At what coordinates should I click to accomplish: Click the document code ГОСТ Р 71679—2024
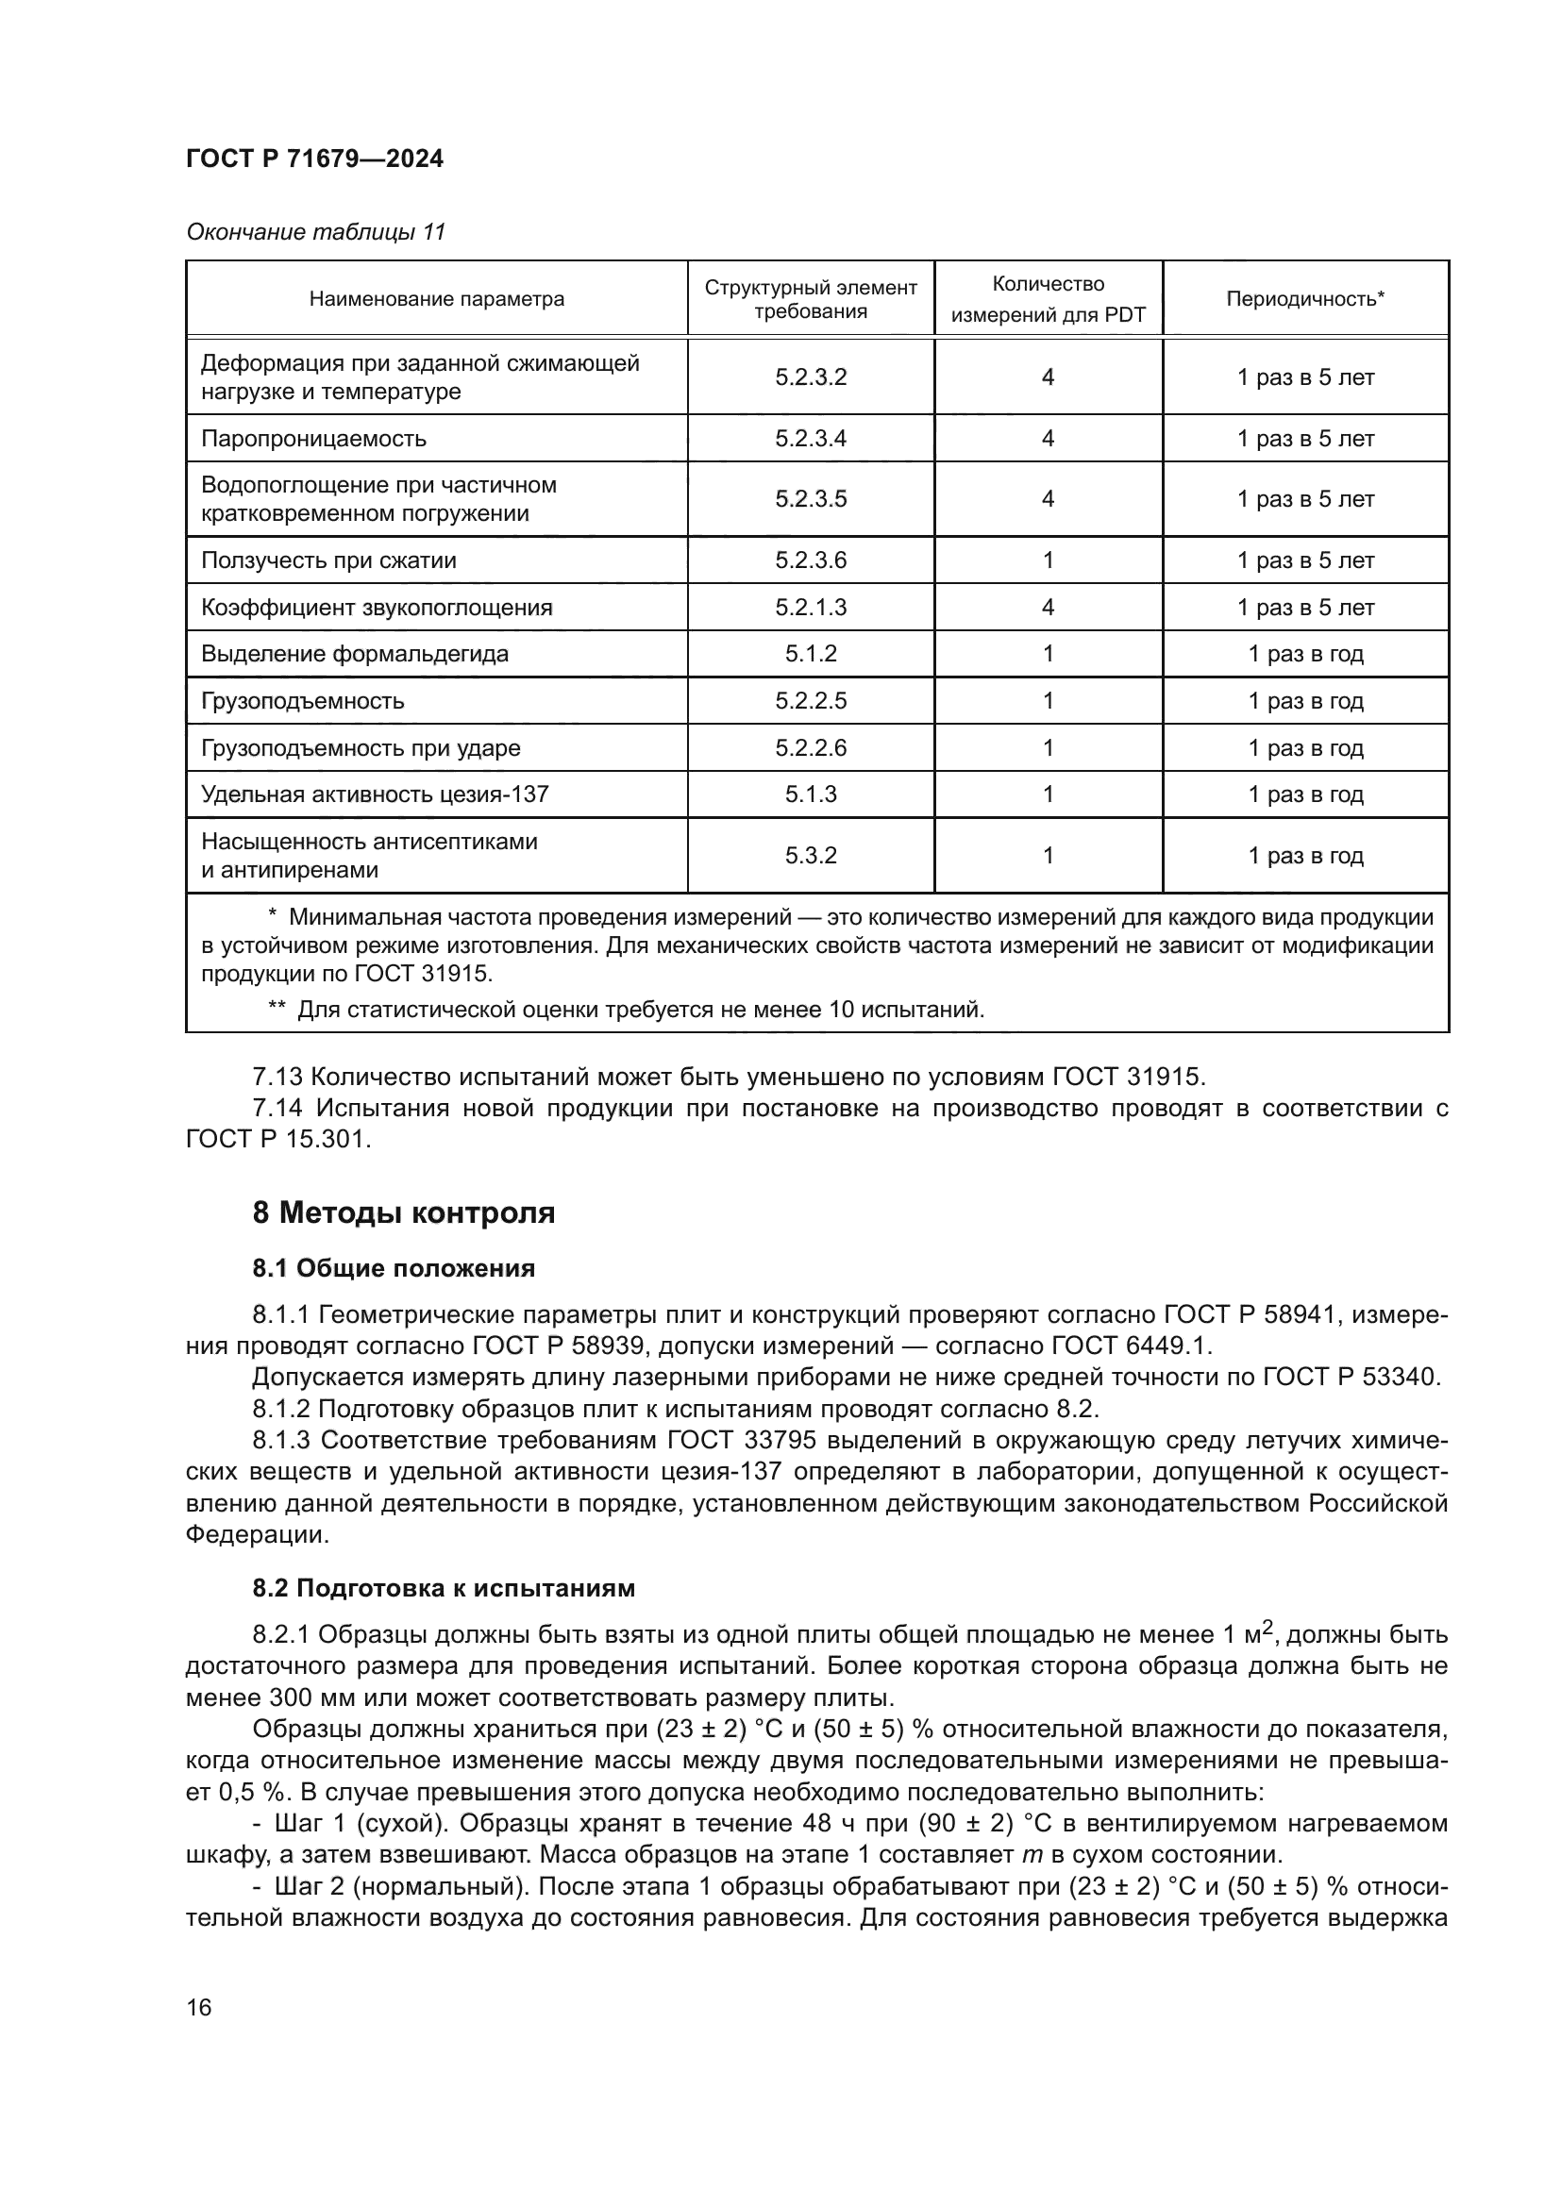click(314, 159)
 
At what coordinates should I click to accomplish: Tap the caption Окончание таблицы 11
click(315, 232)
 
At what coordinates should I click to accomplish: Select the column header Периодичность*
click(1304, 299)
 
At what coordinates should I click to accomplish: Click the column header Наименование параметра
click(436, 299)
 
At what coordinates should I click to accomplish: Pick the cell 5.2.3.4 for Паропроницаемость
click(811, 439)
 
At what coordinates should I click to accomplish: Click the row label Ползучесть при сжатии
click(327, 560)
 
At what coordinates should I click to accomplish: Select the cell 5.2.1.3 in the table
click(811, 608)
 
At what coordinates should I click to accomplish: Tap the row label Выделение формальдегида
click(354, 655)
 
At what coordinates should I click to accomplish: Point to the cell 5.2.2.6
click(811, 748)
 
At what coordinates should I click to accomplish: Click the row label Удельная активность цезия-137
click(375, 794)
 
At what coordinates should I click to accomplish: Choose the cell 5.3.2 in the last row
click(811, 856)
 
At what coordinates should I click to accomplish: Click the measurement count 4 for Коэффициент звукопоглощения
click(1048, 608)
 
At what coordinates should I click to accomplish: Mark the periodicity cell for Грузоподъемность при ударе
click(1304, 748)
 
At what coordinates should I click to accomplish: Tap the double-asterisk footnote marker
click(276, 1009)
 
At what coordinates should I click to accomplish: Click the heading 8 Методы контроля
click(404, 1213)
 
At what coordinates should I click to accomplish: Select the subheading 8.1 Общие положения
click(394, 1269)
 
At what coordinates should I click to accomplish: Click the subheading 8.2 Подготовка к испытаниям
click(444, 1588)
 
